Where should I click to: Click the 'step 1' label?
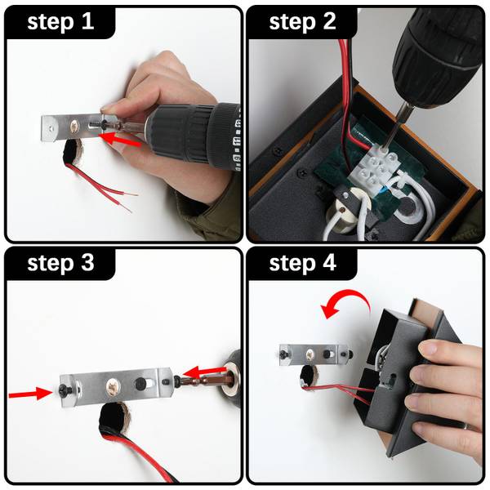(60, 22)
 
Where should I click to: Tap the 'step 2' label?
(302, 22)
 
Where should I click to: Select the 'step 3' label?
(60, 263)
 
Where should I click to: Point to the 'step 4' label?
(302, 263)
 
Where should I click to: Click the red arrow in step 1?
(119, 140)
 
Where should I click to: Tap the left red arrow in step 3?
(30, 394)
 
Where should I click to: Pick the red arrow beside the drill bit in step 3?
(204, 372)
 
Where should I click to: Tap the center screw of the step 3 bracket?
(114, 385)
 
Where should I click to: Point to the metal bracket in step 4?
(314, 355)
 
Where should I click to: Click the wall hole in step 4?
(308, 376)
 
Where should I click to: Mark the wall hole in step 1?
(73, 153)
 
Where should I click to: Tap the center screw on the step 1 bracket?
(74, 127)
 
